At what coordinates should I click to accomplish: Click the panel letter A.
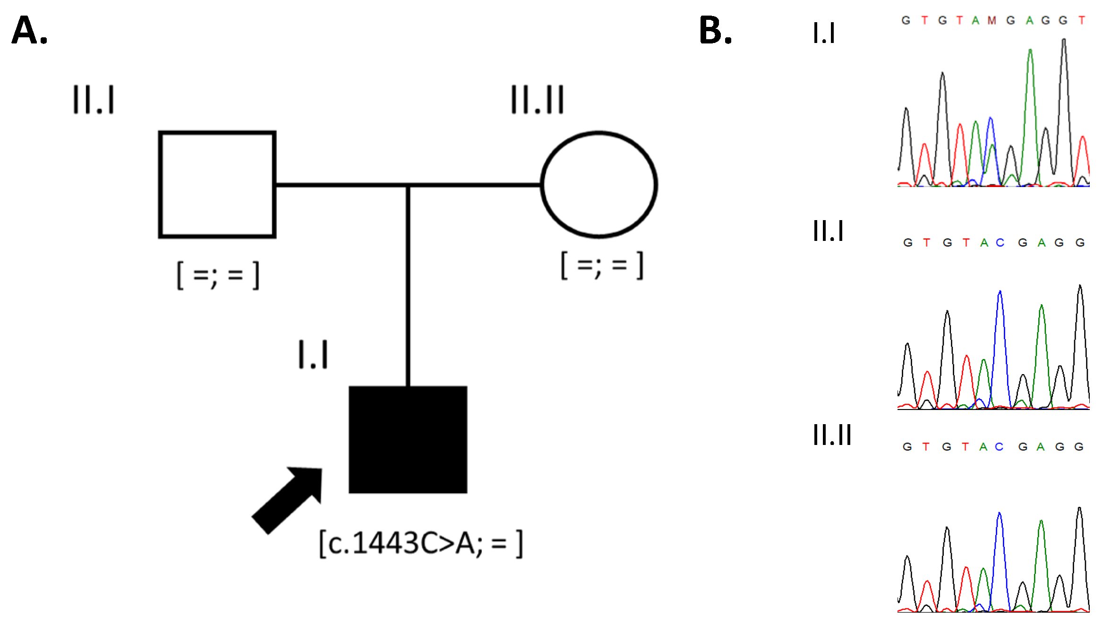[29, 30]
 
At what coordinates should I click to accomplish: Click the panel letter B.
[715, 30]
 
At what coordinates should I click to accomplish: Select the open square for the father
[217, 185]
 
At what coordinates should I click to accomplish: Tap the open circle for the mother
[599, 185]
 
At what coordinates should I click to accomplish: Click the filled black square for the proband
[408, 440]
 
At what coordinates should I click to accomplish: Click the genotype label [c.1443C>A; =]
[421, 544]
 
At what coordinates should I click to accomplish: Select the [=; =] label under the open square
[218, 274]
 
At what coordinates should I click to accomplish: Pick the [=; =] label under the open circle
[602, 265]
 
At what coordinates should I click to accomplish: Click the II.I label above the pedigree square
[94, 100]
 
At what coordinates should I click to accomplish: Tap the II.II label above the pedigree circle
[538, 100]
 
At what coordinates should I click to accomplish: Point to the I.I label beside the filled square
[313, 354]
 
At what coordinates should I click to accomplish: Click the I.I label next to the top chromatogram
[824, 33]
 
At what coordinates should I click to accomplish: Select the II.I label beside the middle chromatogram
[828, 231]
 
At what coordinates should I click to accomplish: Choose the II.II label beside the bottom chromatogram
[832, 435]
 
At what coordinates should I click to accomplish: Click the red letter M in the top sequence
[992, 20]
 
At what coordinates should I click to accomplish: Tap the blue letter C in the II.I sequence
[1000, 243]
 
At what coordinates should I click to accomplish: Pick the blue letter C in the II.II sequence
[999, 447]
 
